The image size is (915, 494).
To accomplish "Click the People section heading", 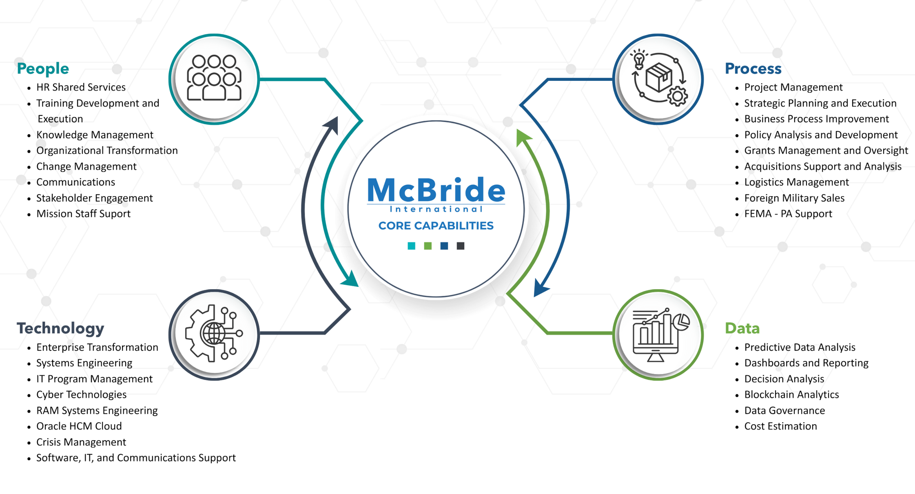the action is point(43,69).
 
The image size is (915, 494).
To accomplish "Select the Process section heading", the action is point(753,69).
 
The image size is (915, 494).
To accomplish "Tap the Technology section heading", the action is point(60,328).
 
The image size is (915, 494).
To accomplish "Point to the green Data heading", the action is point(742,328).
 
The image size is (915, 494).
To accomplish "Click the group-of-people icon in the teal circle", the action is point(214,78).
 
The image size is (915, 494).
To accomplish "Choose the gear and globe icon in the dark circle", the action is point(214,334).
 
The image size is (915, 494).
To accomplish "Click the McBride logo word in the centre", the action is point(436,190).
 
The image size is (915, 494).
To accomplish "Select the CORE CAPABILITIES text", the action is point(436,226).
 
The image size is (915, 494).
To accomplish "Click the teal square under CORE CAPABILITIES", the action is point(411,246).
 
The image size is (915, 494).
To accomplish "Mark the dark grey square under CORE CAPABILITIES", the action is point(461,246).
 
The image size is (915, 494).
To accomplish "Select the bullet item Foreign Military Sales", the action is point(794,198).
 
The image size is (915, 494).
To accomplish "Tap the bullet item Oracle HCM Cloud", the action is point(79,426).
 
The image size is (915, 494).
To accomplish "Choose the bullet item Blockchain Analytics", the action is point(791,394).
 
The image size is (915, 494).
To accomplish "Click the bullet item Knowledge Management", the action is point(95,135).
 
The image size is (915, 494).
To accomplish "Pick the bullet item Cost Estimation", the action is point(780,426).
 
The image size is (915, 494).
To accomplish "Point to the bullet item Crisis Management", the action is point(81,442).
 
